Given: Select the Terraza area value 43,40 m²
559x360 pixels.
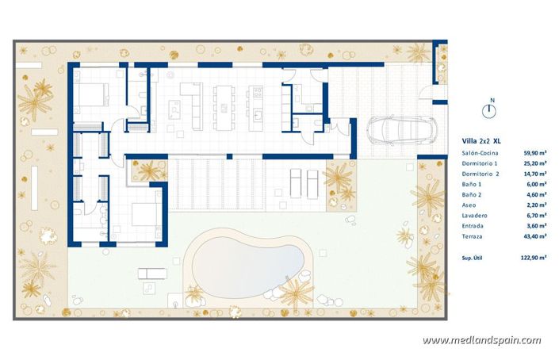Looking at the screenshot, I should coord(536,236).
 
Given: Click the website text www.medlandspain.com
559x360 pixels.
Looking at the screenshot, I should coord(482,340).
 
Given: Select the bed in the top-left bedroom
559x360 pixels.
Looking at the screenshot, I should coord(94,94).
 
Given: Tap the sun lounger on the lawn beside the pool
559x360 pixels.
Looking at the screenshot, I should coord(152,274).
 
